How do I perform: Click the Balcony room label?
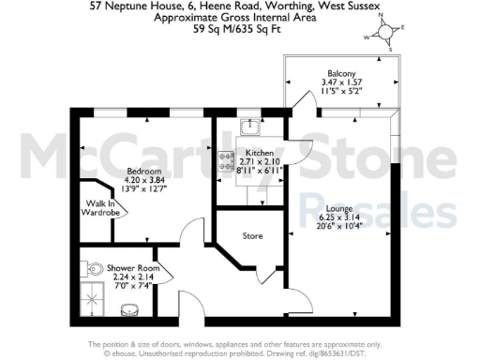tap(341, 71)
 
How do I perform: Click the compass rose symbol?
tap(384, 34)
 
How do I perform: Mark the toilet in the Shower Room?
tap(94, 270)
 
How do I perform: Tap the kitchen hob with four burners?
tap(226, 161)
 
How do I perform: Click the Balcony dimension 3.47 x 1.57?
tap(341, 82)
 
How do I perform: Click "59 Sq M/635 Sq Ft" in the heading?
tap(240, 28)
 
